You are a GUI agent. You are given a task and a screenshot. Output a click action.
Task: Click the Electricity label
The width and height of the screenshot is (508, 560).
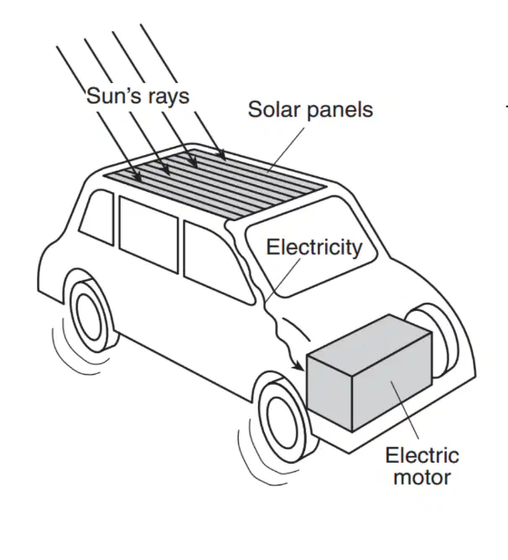314,247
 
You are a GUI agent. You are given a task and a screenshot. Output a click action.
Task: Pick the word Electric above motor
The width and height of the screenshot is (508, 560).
422,455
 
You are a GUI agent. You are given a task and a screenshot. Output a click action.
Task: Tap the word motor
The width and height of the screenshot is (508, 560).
422,477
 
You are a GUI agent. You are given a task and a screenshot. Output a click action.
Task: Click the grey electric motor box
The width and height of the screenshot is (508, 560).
370,373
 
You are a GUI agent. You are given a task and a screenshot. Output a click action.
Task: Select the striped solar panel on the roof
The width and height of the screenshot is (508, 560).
215,184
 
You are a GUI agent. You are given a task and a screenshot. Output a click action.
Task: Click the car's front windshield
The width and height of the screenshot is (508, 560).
311,246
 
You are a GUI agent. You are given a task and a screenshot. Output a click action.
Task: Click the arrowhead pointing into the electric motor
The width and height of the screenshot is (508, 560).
298,366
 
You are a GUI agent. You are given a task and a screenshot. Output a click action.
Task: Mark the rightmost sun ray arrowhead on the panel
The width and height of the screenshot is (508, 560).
222,155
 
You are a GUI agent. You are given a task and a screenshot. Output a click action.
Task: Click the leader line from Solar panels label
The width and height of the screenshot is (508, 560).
286,150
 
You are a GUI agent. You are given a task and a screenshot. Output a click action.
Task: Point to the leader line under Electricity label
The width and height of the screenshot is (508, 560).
283,280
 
